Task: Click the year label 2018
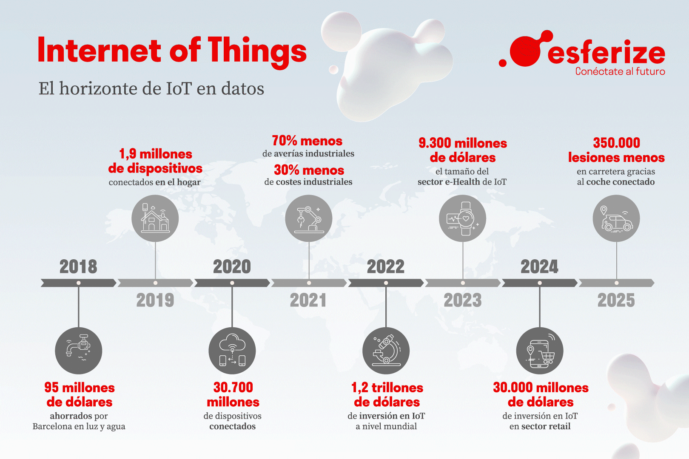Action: click(78, 267)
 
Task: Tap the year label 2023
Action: click(463, 300)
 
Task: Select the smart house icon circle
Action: click(155, 218)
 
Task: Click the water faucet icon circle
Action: click(79, 351)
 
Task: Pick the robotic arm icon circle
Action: click(309, 218)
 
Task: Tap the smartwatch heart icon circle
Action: click(463, 218)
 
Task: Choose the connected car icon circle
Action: click(616, 218)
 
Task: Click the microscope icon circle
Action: click(386, 351)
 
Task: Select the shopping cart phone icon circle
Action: click(540, 351)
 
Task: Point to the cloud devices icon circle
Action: click(232, 351)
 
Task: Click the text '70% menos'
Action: click(307, 141)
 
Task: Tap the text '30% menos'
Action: click(309, 170)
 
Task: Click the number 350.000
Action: click(616, 143)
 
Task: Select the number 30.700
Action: click(233, 387)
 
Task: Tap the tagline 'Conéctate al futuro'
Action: click(620, 71)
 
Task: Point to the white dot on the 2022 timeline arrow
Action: click(386, 283)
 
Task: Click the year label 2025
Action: click(616, 300)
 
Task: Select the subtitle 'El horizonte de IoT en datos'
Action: click(151, 88)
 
